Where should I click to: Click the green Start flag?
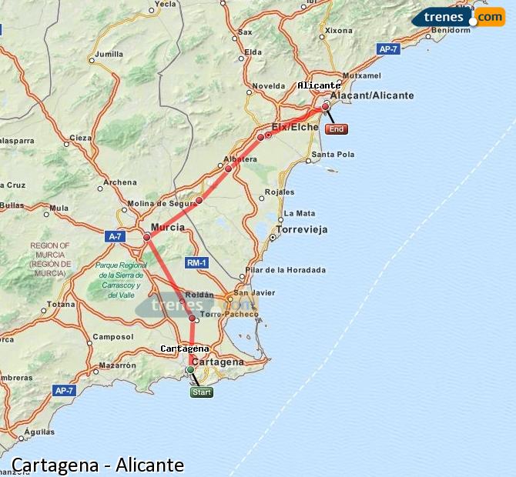[201, 392]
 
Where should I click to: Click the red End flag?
[336, 129]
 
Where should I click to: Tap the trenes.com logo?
[457, 17]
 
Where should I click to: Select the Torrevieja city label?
[302, 229]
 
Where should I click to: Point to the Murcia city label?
[167, 228]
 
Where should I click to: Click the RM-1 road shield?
[196, 263]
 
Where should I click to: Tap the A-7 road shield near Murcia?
[115, 237]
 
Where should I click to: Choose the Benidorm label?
[451, 31]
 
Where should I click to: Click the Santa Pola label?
[333, 155]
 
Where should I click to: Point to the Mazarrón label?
[117, 365]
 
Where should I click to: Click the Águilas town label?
[39, 432]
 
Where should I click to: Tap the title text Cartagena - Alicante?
[98, 465]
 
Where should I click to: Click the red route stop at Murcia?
[146, 237]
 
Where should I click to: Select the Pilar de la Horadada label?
[285, 270]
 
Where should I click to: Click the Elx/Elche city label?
[295, 127]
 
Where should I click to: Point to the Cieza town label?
[80, 138]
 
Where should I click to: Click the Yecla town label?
[166, 4]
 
